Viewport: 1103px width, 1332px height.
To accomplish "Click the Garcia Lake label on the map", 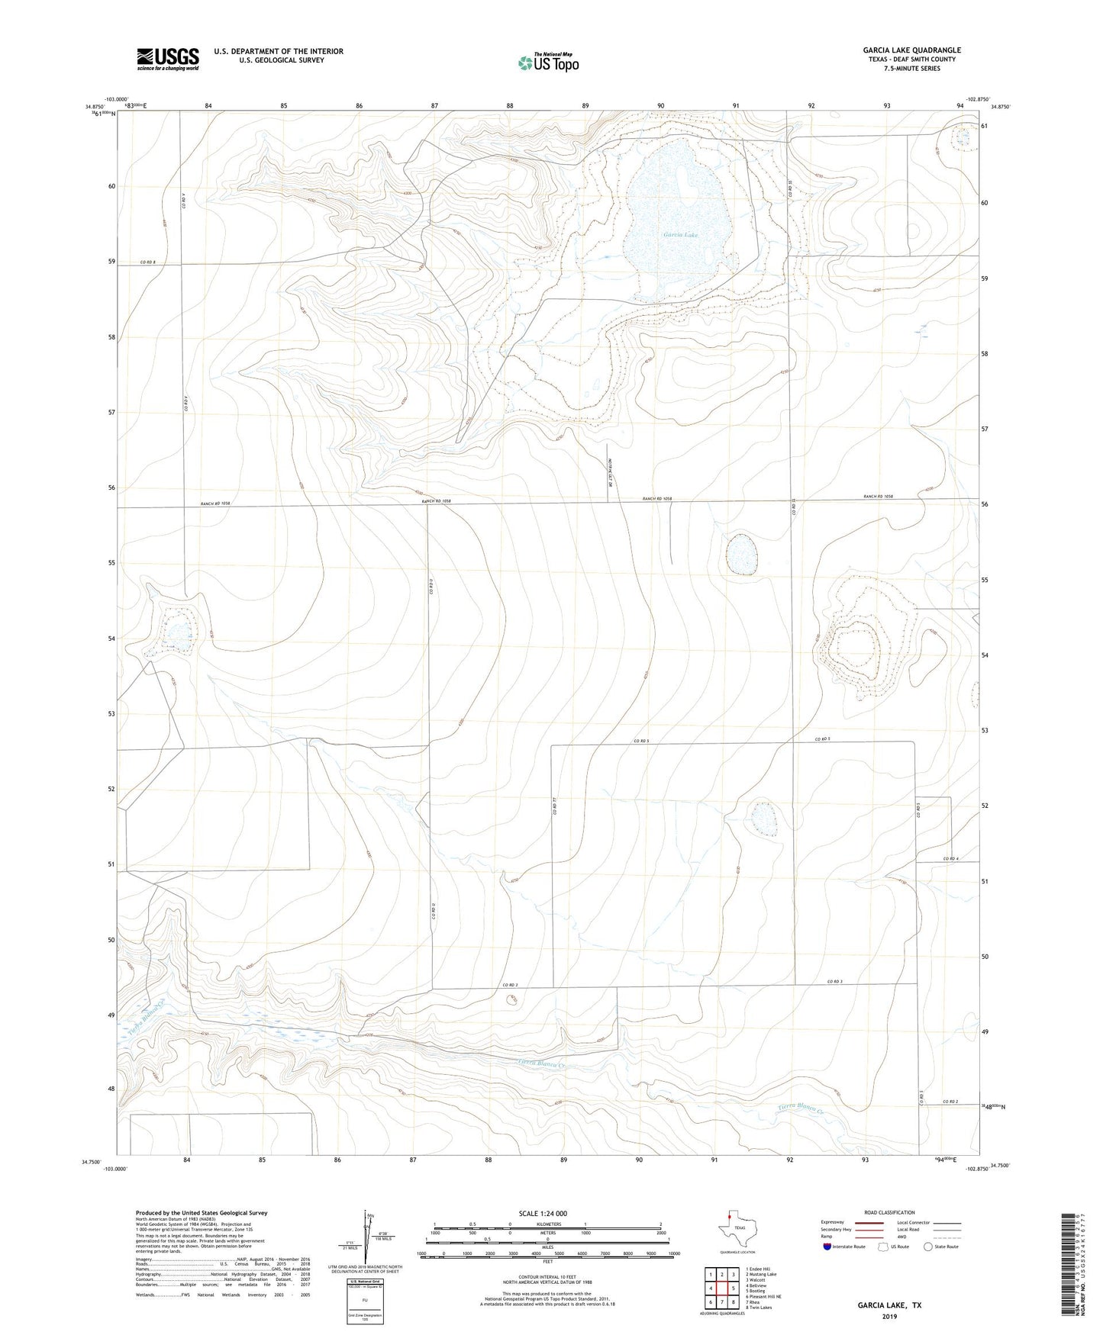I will click(x=680, y=235).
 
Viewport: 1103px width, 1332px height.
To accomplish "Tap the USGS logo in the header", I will click(x=168, y=59).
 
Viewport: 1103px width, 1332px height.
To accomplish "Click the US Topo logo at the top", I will click(x=547, y=62).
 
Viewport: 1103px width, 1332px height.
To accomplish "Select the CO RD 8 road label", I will click(x=148, y=262).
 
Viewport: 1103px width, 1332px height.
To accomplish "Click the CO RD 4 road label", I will click(x=950, y=859).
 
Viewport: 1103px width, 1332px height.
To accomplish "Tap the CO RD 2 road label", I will click(x=950, y=1102).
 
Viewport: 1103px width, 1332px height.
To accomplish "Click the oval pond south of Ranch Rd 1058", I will click(x=740, y=555).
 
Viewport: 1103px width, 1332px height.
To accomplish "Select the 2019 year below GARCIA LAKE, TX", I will click(x=889, y=1317).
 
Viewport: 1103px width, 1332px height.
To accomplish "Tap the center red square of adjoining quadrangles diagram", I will click(x=722, y=1289).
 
